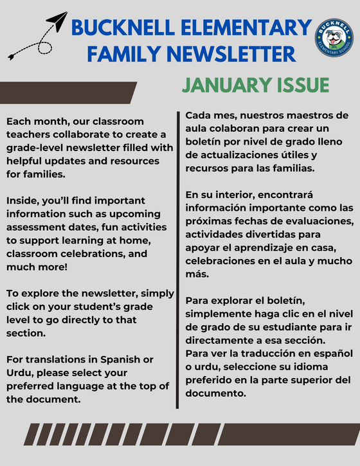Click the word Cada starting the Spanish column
(199, 115)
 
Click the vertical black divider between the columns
(177, 257)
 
